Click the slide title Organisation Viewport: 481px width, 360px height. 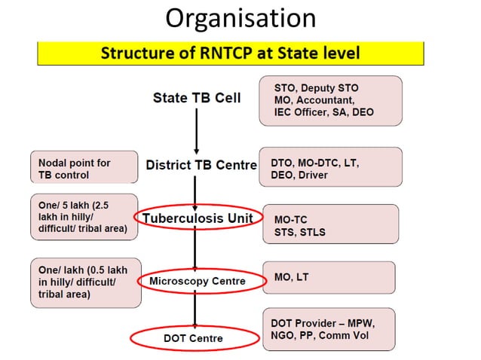click(240, 18)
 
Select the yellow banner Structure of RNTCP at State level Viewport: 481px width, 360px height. click(230, 53)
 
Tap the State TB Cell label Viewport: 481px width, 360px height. click(196, 98)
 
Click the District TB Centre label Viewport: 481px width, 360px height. click(201, 165)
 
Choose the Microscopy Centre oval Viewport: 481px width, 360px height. click(202, 282)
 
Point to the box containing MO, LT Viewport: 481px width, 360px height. click(329, 278)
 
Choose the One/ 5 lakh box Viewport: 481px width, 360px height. click(84, 216)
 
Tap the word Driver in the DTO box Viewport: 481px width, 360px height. click(316, 175)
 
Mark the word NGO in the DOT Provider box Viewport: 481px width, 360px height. click(284, 335)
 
